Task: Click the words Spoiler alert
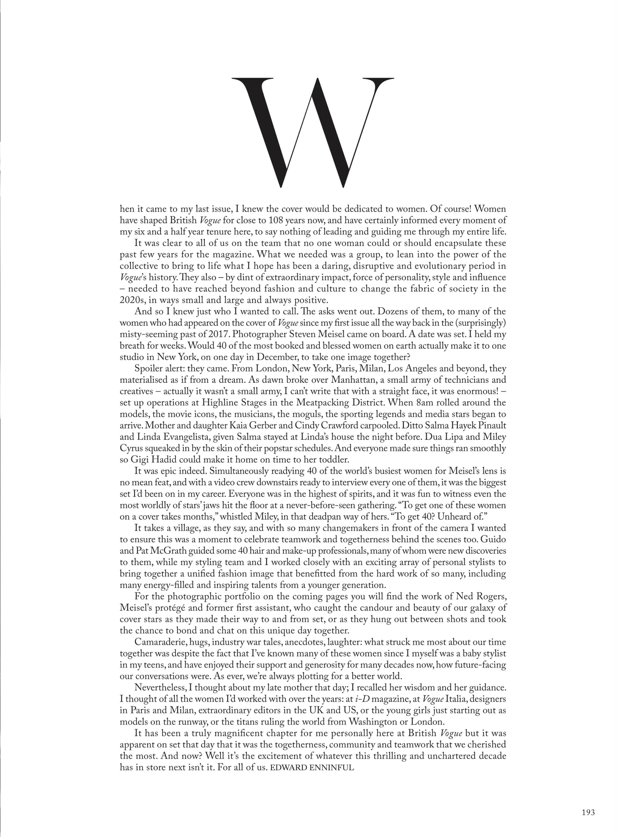pos(160,369)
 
